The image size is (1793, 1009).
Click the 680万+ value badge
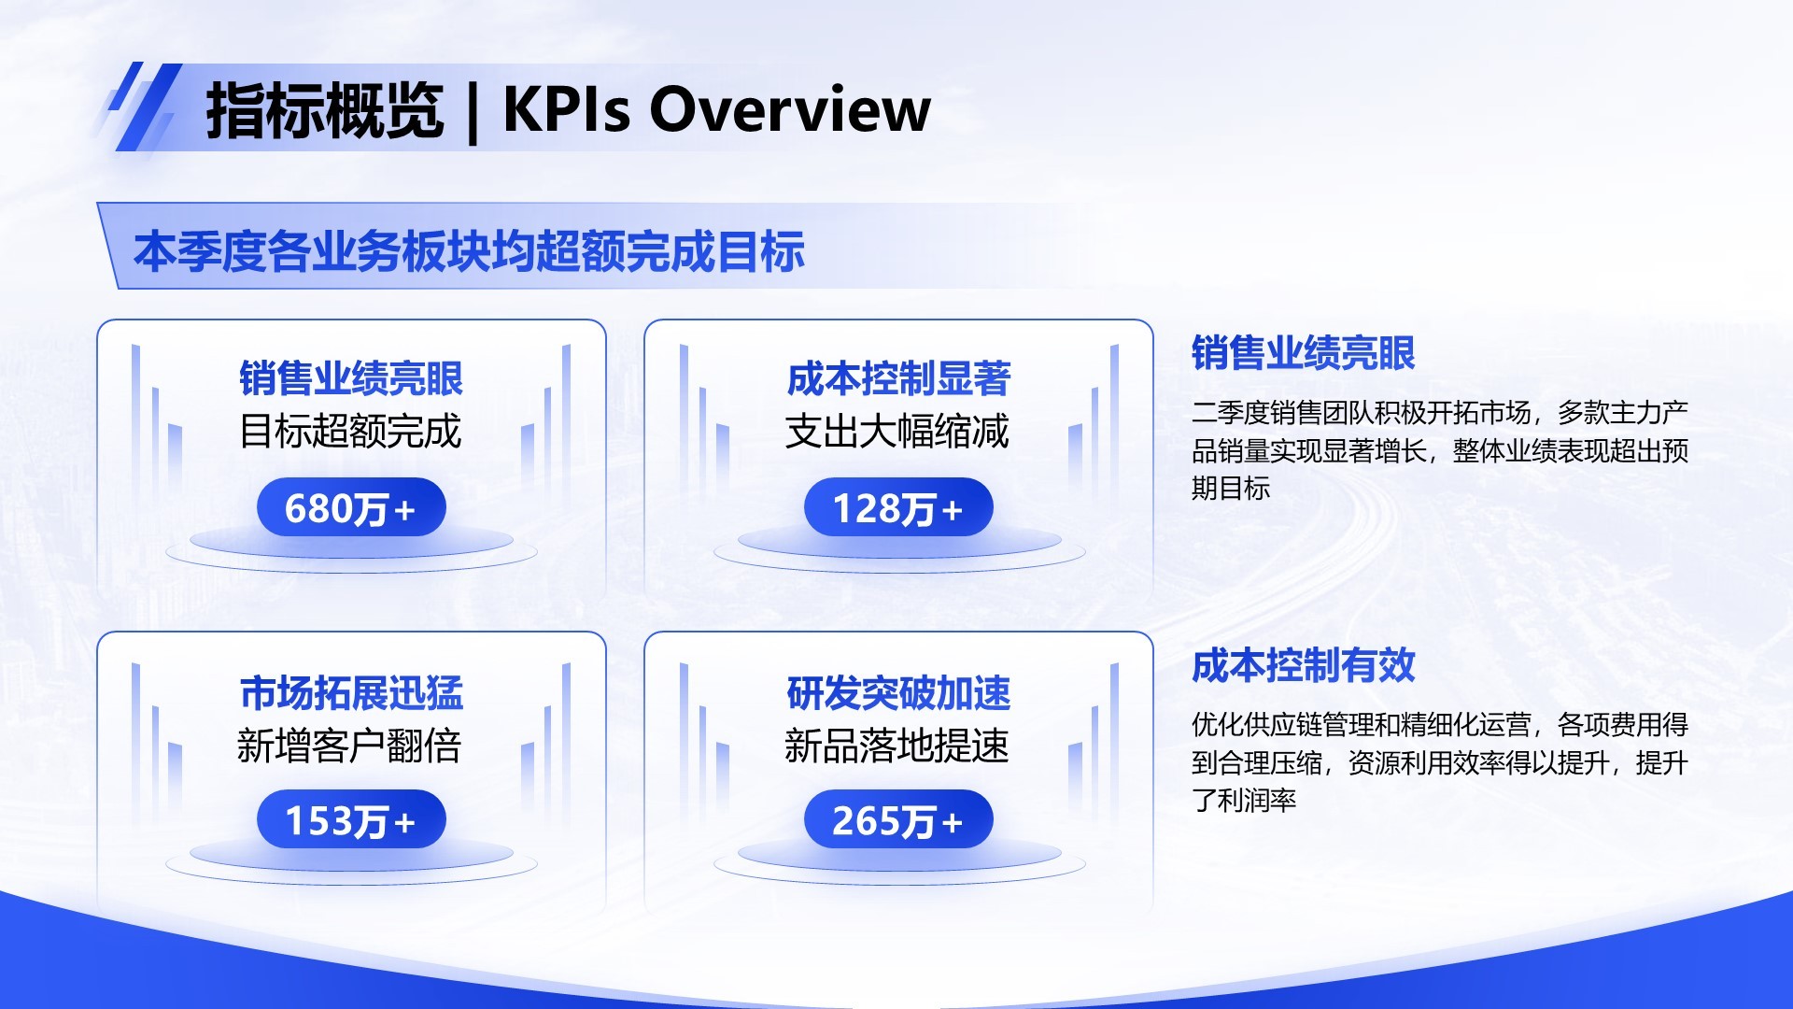351,508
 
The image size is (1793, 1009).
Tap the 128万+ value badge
898,508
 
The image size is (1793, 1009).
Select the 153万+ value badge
351,820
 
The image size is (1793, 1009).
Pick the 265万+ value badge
898,820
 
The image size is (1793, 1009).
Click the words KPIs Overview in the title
716,109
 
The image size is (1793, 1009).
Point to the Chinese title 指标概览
324,110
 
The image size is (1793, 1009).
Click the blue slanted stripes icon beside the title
142,107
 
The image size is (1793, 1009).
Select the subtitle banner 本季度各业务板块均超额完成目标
469,251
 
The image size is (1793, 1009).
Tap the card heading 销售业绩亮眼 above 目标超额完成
351,378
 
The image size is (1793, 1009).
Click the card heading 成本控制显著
898,378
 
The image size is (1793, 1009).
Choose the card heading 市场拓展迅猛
351,692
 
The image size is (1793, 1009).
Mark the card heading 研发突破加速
898,692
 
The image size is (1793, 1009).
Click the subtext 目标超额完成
351,431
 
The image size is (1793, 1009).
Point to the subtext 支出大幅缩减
897,431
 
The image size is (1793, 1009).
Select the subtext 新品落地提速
897,746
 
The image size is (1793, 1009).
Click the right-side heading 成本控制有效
1304,665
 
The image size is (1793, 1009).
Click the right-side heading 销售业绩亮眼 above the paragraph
1304,353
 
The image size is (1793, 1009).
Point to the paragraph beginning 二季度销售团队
1439,450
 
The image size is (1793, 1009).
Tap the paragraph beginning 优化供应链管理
1439,761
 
